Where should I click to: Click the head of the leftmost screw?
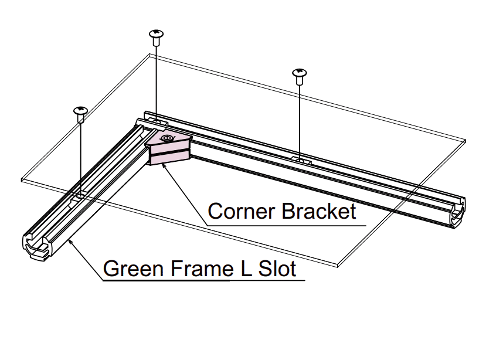click(80, 110)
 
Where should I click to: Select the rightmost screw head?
click(299, 73)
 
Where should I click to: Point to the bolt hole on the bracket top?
click(167, 138)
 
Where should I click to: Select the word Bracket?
click(319, 211)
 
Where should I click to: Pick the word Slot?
click(276, 269)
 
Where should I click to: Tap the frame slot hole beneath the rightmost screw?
click(300, 159)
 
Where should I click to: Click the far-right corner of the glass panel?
click(466, 141)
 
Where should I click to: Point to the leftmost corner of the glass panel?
click(22, 178)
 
